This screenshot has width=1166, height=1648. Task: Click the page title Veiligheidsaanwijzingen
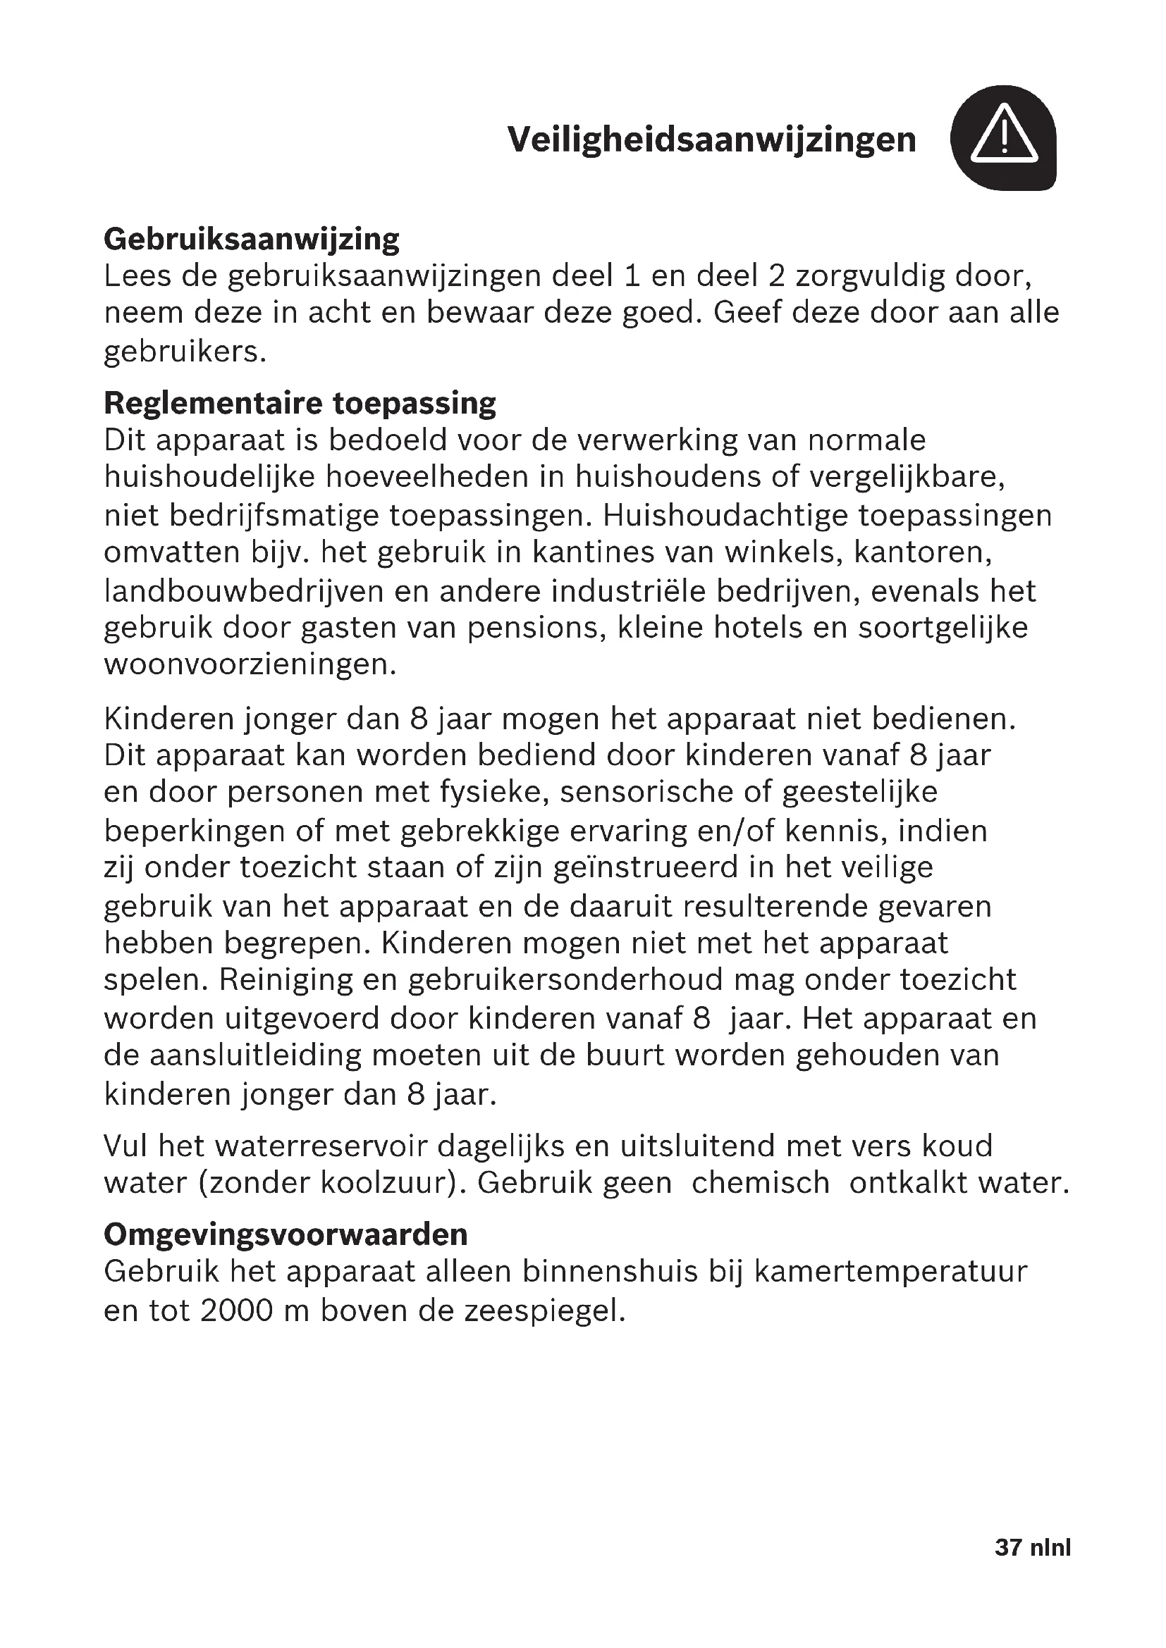[x=711, y=140]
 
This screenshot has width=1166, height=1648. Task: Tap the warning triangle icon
[x=1003, y=137]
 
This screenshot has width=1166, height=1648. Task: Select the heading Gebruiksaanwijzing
[x=251, y=239]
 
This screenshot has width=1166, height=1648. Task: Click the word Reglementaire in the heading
[x=212, y=404]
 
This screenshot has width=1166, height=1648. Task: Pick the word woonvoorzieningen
[x=250, y=664]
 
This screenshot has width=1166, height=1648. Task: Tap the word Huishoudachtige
[x=725, y=515]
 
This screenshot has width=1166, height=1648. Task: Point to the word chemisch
[x=761, y=1183]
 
